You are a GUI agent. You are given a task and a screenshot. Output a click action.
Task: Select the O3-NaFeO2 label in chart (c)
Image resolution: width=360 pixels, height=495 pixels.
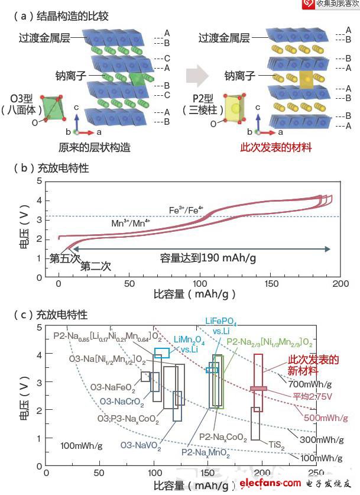(x=112, y=388)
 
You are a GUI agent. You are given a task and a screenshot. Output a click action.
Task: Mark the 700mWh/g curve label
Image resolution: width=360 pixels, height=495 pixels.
(x=310, y=384)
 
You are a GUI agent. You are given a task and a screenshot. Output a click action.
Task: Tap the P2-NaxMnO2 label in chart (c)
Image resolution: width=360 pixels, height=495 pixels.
(x=206, y=451)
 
